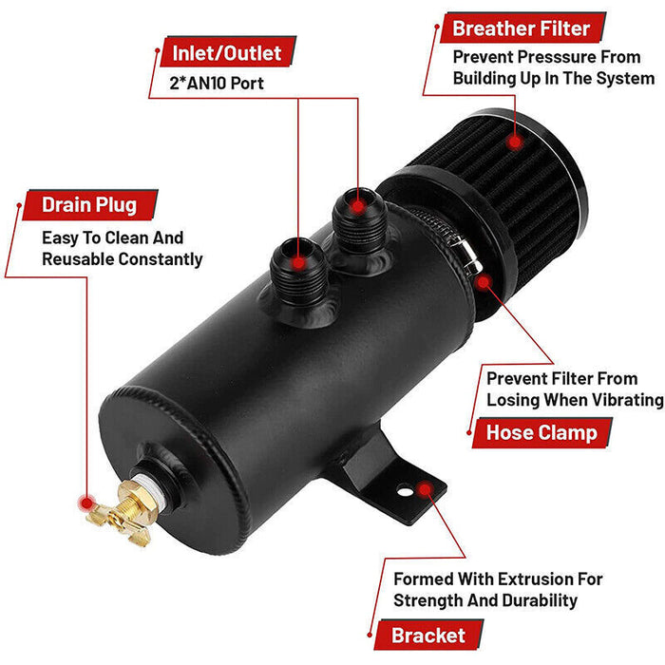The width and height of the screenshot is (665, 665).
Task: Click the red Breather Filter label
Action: point(521,28)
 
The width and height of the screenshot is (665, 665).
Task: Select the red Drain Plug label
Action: point(88,204)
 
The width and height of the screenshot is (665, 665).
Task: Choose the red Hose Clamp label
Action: point(541,433)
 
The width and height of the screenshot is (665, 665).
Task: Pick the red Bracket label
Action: point(428,636)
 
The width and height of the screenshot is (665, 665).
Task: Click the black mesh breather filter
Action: point(528,199)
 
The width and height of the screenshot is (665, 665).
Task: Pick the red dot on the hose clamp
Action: point(483,282)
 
